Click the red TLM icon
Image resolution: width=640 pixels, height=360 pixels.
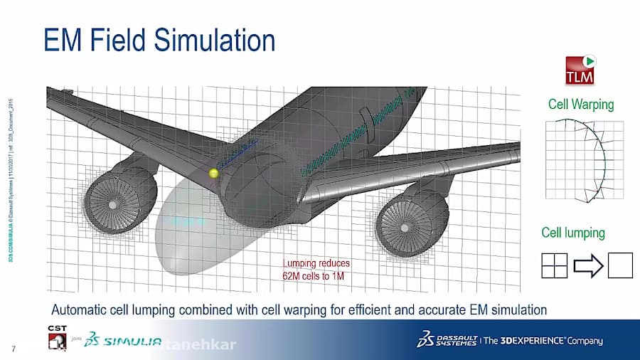pos(580,70)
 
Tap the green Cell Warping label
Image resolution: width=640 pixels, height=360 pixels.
pos(580,105)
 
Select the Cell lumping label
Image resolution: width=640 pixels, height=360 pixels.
pos(573,233)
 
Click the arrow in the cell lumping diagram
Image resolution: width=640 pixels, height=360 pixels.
pos(587,266)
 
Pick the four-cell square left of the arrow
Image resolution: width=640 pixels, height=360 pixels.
pos(555,265)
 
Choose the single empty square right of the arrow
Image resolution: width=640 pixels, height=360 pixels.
pos(620,265)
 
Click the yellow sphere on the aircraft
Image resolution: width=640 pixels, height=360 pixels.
pos(213,172)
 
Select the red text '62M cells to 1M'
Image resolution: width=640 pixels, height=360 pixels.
pos(314,276)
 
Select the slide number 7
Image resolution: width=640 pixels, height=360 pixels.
pos(14,348)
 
